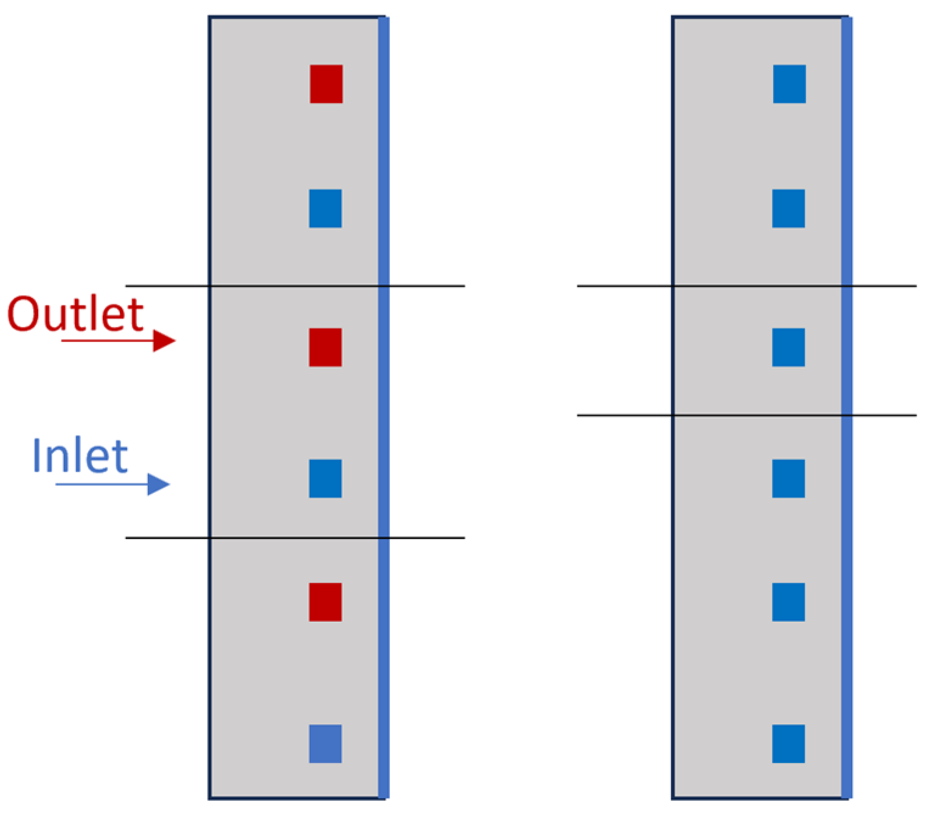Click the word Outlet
(75, 314)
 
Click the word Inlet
(80, 456)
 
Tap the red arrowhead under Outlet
(164, 341)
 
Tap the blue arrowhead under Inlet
(158, 484)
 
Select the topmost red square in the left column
(326, 84)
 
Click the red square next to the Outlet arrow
(325, 347)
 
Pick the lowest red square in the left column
(325, 602)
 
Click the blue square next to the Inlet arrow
(325, 478)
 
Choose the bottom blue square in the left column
(325, 743)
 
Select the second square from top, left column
(325, 209)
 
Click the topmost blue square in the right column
(789, 84)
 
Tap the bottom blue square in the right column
(788, 743)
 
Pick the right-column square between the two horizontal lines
(788, 347)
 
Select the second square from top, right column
(788, 209)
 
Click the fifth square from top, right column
(788, 602)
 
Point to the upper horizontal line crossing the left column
(426, 285)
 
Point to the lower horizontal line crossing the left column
(426, 538)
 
